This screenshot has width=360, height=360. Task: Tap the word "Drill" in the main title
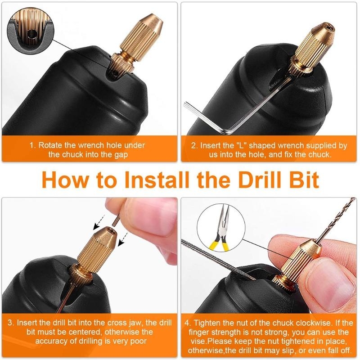[256, 180]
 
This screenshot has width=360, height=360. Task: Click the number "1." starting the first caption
[32, 145]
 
